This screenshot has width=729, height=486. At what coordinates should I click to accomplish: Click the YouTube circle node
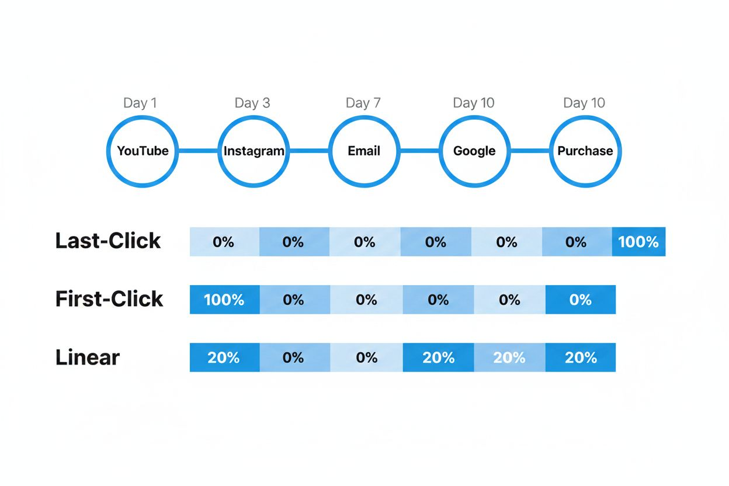tap(143, 151)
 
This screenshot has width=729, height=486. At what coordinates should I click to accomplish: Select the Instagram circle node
tap(254, 151)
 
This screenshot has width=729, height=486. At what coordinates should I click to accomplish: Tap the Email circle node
tap(364, 151)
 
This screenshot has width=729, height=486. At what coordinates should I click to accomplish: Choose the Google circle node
tap(474, 151)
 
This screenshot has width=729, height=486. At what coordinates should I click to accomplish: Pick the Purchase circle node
tap(585, 151)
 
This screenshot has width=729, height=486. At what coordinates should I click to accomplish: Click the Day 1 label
tap(140, 103)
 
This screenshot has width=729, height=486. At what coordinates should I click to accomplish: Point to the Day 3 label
tap(252, 103)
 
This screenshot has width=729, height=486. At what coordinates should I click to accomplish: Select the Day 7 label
tap(363, 103)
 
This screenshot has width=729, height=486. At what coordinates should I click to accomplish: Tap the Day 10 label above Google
tap(473, 103)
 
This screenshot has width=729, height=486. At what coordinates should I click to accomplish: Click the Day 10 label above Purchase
tap(584, 103)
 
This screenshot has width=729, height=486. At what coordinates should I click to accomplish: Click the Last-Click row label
tap(108, 241)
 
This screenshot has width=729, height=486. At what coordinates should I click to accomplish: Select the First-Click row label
tap(109, 299)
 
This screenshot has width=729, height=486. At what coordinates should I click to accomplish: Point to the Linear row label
tap(88, 357)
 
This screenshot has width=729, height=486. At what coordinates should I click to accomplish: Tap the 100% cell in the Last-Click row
tap(638, 242)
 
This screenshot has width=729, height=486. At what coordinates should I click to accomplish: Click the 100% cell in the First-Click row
tap(224, 300)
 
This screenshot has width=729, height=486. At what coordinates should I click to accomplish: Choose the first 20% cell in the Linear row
tap(224, 357)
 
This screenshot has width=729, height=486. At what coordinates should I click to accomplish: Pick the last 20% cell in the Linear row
tap(581, 357)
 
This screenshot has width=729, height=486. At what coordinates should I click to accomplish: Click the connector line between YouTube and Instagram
tap(198, 151)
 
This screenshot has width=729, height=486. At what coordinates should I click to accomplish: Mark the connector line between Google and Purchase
tap(530, 151)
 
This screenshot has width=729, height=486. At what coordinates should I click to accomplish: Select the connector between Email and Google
tap(419, 151)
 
